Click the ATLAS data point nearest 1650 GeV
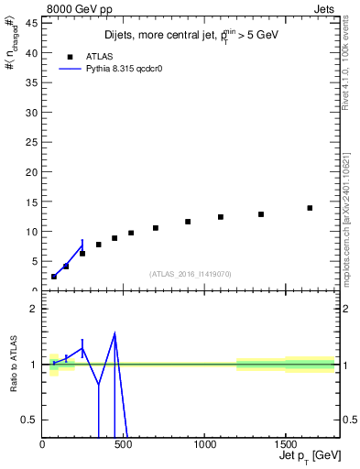310,208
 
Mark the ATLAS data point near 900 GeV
188,222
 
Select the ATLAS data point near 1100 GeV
221,217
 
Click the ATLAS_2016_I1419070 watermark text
190,273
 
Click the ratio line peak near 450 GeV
115,333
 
